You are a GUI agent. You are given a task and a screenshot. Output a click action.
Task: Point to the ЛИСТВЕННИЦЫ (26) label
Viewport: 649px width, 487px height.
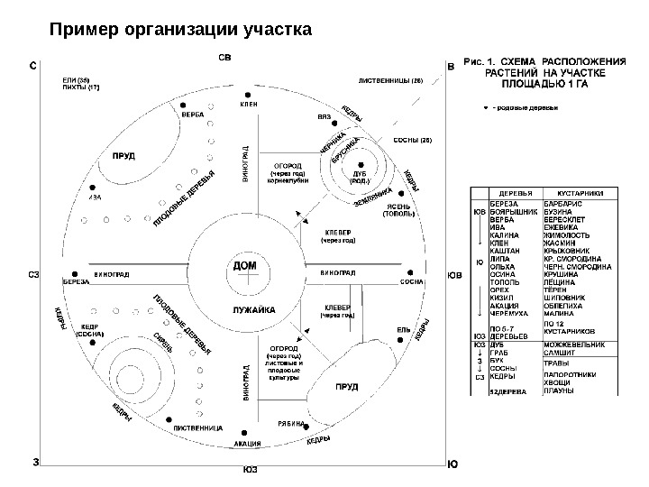(x=390, y=80)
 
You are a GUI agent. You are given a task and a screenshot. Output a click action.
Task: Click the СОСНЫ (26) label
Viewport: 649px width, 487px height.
(x=414, y=142)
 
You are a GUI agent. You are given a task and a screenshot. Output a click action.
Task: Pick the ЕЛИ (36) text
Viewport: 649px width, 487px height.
(x=76, y=80)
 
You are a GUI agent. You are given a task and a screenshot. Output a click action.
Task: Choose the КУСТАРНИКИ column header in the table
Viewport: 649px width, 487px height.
(x=580, y=192)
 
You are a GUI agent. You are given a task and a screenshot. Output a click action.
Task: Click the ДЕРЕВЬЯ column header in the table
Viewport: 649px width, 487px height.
(x=515, y=192)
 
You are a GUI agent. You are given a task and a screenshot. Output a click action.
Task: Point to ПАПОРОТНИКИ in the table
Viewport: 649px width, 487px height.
(x=577, y=373)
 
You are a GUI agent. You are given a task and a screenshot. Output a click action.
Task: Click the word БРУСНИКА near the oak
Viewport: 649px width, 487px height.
(x=346, y=151)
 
